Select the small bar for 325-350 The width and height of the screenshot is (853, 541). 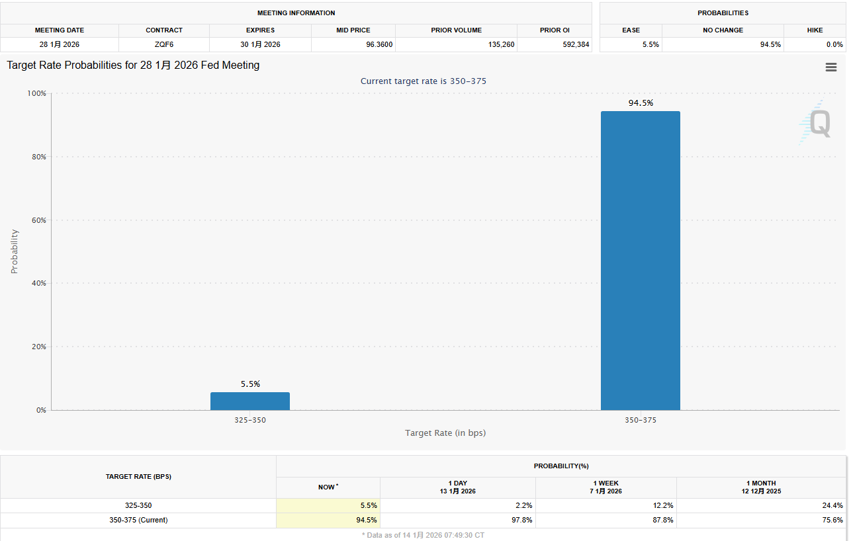click(x=249, y=401)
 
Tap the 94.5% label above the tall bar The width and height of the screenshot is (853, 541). click(x=641, y=103)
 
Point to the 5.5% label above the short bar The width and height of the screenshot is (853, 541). click(x=250, y=384)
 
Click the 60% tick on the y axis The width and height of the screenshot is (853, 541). click(x=37, y=220)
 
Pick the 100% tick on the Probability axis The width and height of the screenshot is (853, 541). click(x=36, y=93)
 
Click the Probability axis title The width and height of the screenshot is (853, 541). click(x=15, y=251)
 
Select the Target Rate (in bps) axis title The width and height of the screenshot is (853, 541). click(x=445, y=433)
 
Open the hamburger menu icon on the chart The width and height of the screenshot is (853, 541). click(x=831, y=67)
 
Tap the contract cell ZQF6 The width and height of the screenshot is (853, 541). click(x=164, y=44)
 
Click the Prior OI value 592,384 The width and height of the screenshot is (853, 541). click(x=573, y=44)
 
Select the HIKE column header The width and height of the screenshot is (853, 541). click(x=815, y=30)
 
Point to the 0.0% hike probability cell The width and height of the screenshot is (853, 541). click(x=834, y=44)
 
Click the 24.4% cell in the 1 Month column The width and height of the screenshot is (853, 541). click(x=832, y=505)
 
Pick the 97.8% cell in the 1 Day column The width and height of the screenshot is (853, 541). click(x=523, y=520)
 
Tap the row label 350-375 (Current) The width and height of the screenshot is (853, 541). click(x=138, y=520)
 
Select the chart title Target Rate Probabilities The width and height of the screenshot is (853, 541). click(x=133, y=65)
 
